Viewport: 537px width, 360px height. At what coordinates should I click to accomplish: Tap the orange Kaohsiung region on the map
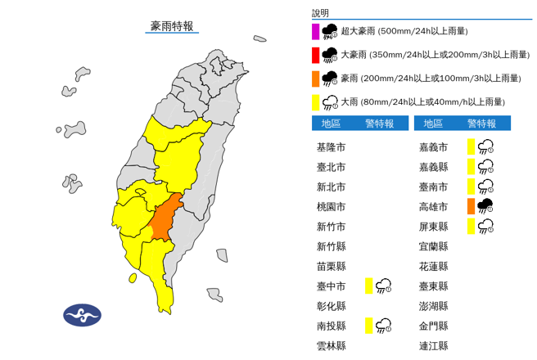point(165,217)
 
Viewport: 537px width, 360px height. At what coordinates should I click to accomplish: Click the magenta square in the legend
point(315,32)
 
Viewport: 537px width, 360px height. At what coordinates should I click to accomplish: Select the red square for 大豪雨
point(315,55)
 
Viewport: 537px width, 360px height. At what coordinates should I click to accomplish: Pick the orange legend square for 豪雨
point(315,78)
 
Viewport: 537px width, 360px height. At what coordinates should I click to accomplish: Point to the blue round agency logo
point(82,316)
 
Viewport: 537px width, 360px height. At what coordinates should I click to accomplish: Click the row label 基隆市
point(331,147)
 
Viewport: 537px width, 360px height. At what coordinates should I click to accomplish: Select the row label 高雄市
point(433,206)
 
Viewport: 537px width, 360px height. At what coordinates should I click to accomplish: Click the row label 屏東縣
point(433,227)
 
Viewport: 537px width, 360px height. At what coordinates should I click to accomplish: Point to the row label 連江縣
point(433,345)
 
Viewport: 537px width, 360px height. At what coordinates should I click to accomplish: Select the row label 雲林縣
point(331,345)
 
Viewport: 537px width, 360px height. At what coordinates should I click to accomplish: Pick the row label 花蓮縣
point(433,266)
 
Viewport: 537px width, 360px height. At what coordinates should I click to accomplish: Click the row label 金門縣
point(433,326)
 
